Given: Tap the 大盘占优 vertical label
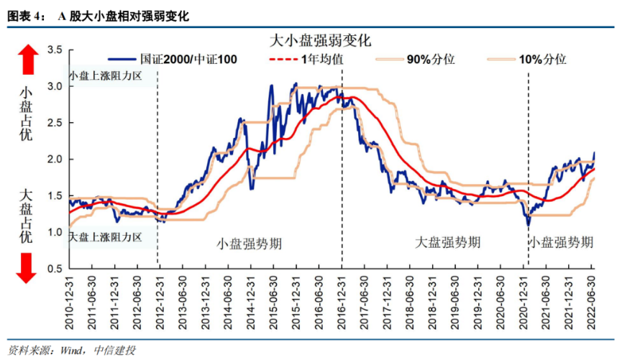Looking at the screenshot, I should tap(26, 215).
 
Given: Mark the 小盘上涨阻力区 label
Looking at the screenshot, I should tap(106, 75).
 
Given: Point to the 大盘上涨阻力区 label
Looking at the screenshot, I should tap(106, 236).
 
